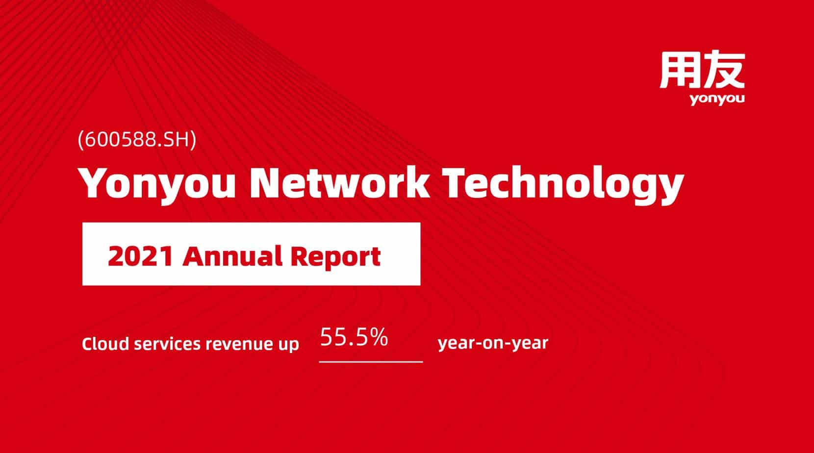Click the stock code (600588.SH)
coord(137,140)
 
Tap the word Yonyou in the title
coord(157,182)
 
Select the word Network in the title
coord(339,182)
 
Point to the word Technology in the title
coord(563,182)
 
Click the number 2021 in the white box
coord(140,256)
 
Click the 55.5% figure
coord(354,337)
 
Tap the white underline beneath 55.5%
coord(371,362)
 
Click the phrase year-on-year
coord(493,343)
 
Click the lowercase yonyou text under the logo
coord(717,99)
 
